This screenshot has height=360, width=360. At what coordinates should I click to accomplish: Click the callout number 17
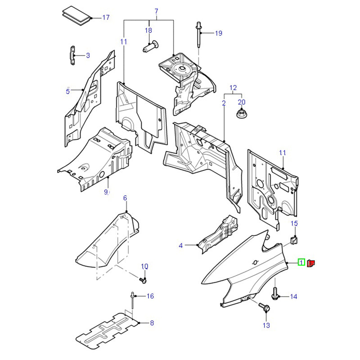106,18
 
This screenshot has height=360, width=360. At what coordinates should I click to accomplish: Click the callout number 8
152,323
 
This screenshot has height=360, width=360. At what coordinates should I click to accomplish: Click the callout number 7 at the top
157,11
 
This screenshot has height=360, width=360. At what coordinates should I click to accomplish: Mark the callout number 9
107,192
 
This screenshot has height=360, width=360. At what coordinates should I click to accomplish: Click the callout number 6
125,198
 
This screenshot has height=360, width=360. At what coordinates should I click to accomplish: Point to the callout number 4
181,245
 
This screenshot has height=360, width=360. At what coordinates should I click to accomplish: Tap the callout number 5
68,91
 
